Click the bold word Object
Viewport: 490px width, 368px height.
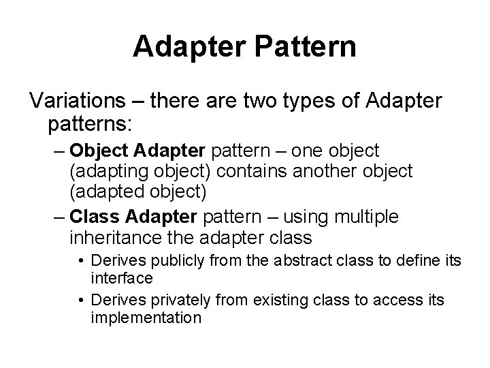click(99, 150)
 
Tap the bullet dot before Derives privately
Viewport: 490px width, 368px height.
click(81, 300)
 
